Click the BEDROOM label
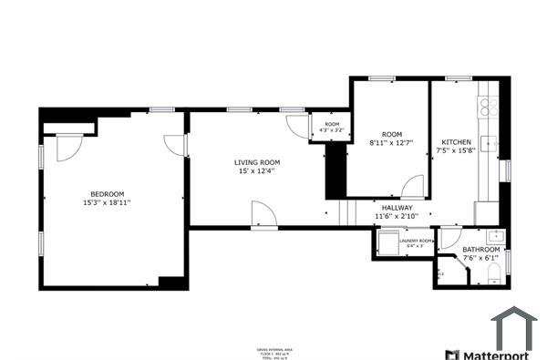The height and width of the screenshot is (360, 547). [x=107, y=193]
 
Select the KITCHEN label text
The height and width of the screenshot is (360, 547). [x=456, y=142]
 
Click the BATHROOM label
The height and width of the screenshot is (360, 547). [x=480, y=250]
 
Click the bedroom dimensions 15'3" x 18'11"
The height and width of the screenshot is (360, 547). [x=107, y=203]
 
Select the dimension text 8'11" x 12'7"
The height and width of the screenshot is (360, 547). [x=391, y=143]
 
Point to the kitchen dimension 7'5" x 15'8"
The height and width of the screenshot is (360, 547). [x=456, y=151]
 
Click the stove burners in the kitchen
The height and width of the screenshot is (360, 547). [x=490, y=106]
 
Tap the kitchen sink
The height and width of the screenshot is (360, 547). [x=489, y=143]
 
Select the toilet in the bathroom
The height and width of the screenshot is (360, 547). [x=493, y=273]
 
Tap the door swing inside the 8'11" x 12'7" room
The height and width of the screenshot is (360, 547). [x=413, y=186]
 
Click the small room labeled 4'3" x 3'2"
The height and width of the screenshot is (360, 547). [x=331, y=128]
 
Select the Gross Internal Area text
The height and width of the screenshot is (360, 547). [x=273, y=349]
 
